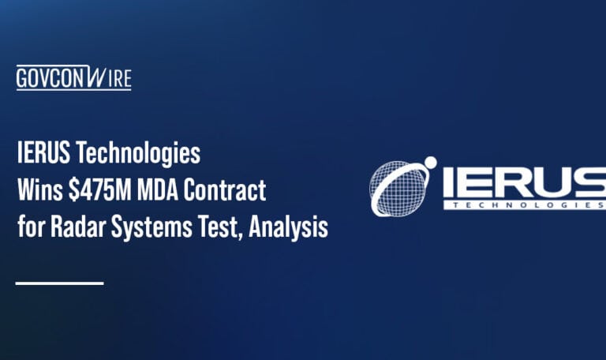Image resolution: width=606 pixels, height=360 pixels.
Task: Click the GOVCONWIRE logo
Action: [73, 78]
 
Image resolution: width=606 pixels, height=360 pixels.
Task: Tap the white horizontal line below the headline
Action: [59, 283]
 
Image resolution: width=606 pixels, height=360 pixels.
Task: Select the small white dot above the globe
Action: [430, 163]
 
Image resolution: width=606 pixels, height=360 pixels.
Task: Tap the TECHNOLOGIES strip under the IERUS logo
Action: [524, 205]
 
